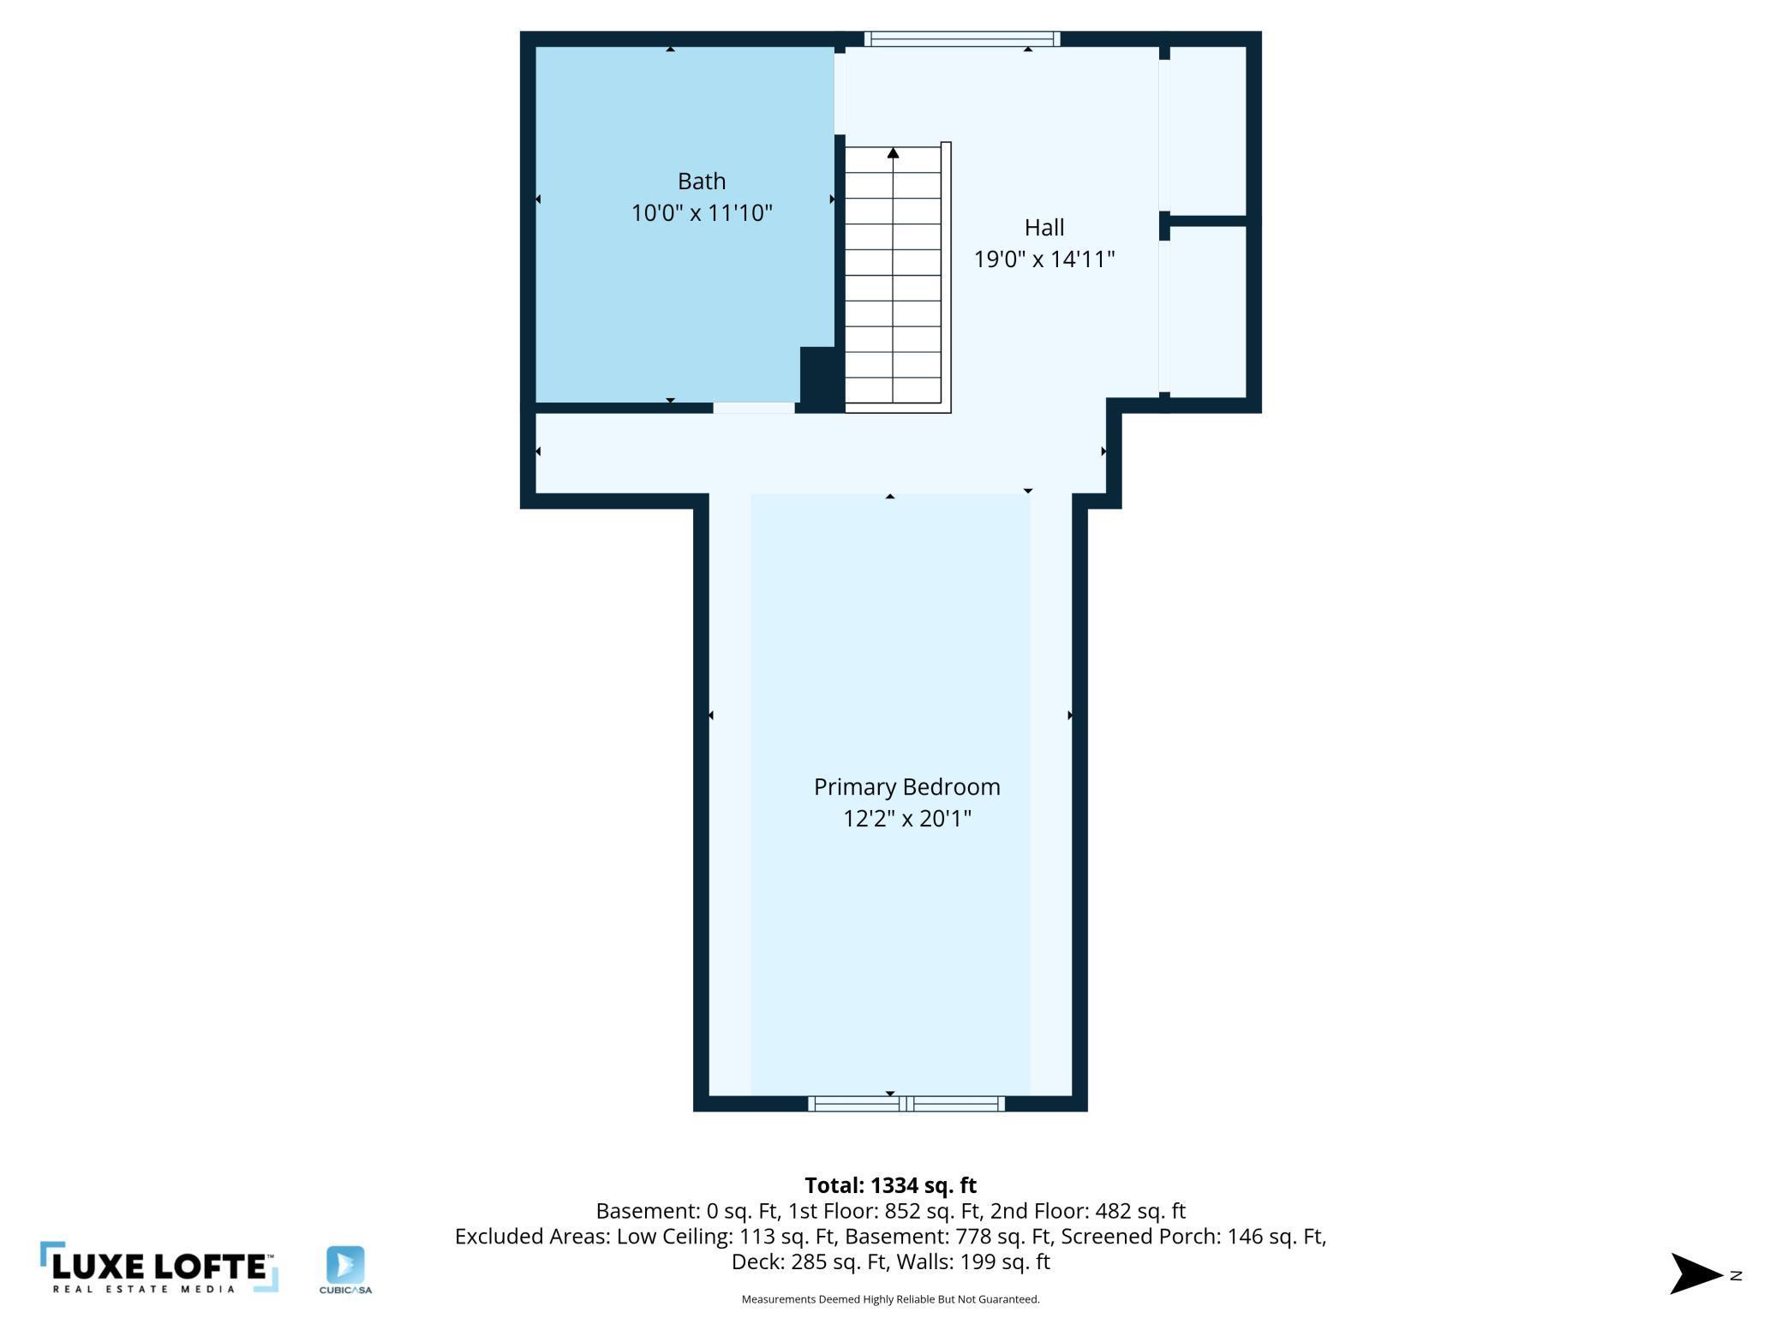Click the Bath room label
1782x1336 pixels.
click(x=702, y=182)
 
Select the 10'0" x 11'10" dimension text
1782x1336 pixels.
click(x=702, y=212)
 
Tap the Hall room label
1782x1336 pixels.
click(x=1044, y=228)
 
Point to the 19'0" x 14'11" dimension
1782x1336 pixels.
click(x=1044, y=259)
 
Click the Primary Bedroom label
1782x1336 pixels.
click(x=907, y=787)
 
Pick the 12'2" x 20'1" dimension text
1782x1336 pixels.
click(x=907, y=819)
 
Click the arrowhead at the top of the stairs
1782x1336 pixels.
click(x=893, y=152)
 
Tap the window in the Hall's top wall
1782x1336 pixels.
click(x=962, y=39)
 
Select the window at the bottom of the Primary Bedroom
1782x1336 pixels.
click(x=906, y=1104)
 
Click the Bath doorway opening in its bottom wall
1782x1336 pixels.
click(x=754, y=408)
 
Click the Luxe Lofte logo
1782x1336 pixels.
click(x=159, y=1267)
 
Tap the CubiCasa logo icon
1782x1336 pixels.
click(x=345, y=1265)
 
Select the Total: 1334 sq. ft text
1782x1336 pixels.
click(x=891, y=1185)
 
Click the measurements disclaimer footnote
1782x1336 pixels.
click(x=891, y=1299)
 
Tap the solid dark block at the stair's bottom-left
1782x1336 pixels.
click(x=822, y=379)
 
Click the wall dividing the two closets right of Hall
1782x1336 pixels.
click(x=1207, y=221)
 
